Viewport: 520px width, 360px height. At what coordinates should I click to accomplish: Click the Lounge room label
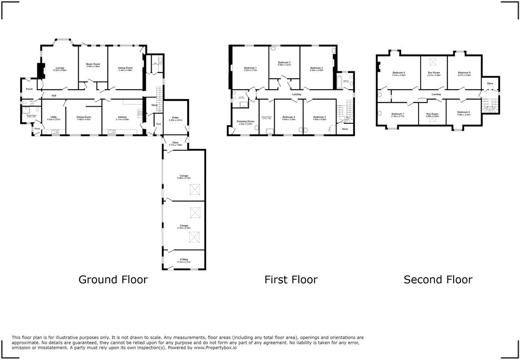tap(60, 69)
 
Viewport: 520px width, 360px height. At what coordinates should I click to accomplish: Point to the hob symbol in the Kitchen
tap(140, 112)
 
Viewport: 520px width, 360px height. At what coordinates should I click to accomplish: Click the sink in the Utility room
tap(55, 132)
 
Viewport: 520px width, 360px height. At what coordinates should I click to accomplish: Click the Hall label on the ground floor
tap(54, 96)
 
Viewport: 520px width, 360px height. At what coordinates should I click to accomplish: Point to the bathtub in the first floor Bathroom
tap(339, 81)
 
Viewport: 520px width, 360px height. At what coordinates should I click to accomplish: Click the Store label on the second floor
tap(490, 83)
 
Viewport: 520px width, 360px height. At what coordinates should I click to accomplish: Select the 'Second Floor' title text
tap(438, 279)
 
